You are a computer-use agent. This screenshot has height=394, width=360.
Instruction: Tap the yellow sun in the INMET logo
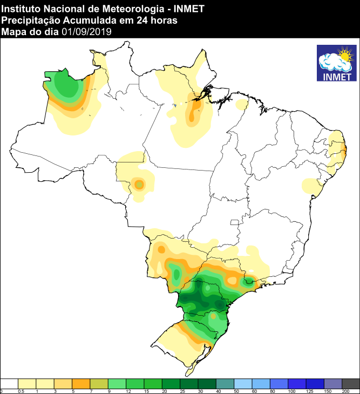(344, 55)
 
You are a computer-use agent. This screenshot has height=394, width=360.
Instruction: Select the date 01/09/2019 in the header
(86, 32)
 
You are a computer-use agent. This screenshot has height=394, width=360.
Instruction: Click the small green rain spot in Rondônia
(139, 185)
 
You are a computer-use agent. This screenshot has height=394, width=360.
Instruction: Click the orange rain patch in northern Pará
(193, 113)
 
